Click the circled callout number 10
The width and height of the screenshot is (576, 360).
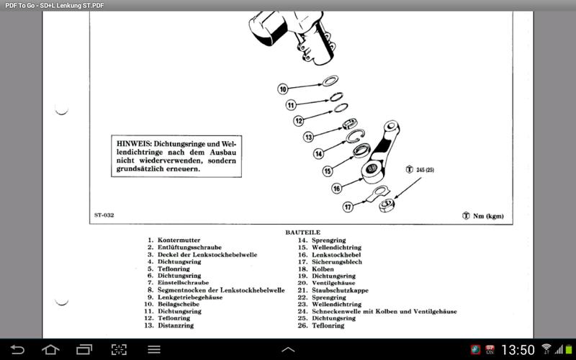pos(283,89)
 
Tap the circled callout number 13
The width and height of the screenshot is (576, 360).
pos(309,137)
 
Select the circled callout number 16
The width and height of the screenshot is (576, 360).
pos(336,188)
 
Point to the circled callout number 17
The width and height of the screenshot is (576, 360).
pos(348,207)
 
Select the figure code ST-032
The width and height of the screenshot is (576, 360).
pos(104,215)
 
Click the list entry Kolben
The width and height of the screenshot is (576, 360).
pos(323,269)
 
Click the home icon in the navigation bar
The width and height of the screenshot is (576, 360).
pos(50,350)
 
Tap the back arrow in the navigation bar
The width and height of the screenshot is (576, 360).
pos(17,350)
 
